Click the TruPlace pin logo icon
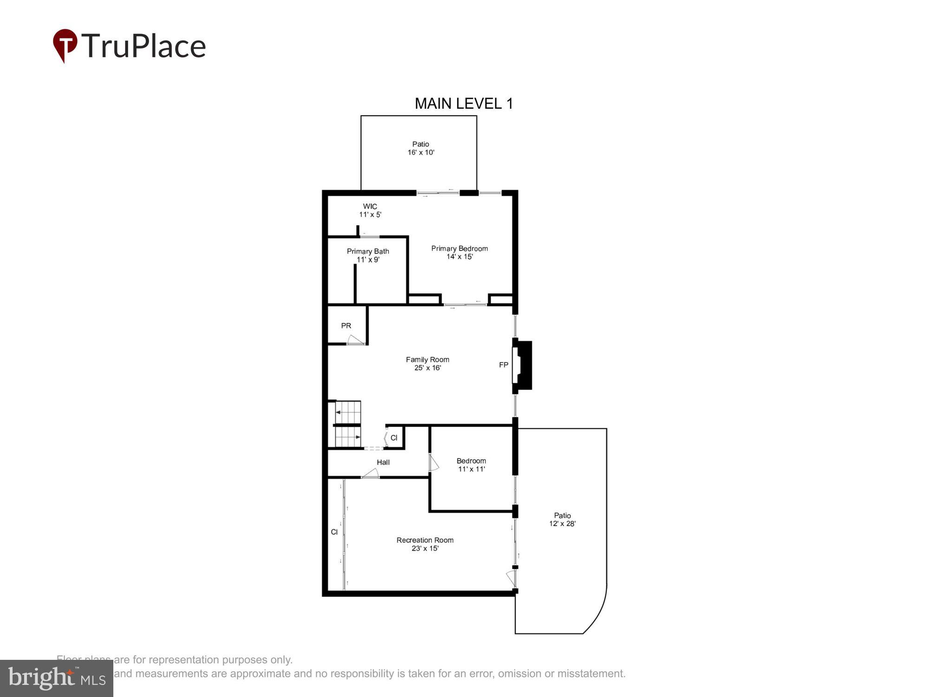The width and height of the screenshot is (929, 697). click(65, 46)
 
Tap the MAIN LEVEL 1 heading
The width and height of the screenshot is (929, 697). click(464, 104)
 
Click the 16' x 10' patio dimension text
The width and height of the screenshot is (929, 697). click(421, 152)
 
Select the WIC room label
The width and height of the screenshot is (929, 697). click(370, 206)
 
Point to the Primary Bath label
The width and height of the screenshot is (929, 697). click(368, 251)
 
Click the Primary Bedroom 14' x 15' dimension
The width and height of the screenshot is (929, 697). click(459, 256)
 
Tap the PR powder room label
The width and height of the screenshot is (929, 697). click(346, 326)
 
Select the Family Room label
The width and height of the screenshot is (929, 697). click(427, 360)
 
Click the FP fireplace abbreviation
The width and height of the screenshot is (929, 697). click(504, 365)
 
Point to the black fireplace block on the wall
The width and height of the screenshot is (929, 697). click(525, 365)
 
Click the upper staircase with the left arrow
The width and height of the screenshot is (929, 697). click(348, 412)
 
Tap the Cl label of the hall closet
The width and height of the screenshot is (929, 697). click(394, 438)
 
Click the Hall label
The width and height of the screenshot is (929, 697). click(383, 462)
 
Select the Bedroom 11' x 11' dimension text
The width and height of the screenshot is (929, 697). click(471, 469)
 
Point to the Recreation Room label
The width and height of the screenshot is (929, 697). click(425, 540)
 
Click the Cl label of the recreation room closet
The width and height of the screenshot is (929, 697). click(334, 532)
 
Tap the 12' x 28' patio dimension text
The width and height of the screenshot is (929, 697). click(563, 524)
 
